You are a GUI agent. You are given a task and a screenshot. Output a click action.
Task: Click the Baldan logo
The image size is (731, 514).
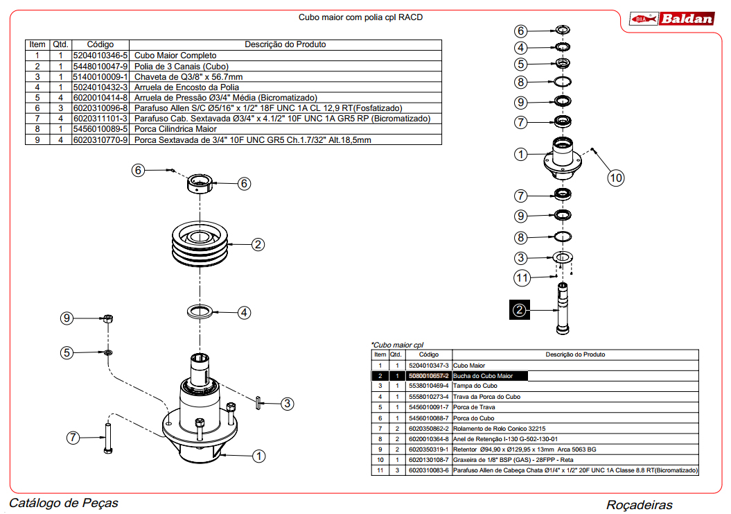[x=671, y=19]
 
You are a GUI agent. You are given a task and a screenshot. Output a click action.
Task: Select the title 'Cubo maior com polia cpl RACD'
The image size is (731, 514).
[x=360, y=17]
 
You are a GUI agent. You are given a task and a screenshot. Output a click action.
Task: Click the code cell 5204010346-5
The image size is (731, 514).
[x=100, y=55]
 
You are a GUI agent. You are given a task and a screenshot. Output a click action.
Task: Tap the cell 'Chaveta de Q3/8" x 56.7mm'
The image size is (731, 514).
[x=188, y=76]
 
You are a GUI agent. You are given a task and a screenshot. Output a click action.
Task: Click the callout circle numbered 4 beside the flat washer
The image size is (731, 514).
[x=244, y=313]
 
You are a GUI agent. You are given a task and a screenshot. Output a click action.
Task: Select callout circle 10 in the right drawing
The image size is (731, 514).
[x=616, y=178]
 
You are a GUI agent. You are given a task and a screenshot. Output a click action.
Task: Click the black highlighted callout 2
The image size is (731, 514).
[x=520, y=309]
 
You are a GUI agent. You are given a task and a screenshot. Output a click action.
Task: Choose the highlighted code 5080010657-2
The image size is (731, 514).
[x=429, y=376]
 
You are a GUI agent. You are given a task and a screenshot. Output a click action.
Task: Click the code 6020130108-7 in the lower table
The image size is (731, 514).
[x=429, y=460]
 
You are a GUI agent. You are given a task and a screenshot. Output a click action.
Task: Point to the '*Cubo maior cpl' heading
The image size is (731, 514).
[x=396, y=345]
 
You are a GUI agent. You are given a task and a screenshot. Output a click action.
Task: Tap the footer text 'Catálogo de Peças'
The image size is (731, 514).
[x=64, y=503]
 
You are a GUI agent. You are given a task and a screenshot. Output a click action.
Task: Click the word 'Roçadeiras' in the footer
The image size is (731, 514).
[x=639, y=505]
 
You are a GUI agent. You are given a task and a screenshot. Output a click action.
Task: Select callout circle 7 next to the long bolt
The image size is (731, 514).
[x=74, y=437]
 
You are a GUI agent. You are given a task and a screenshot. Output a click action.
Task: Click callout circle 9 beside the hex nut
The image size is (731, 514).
[x=67, y=318]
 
